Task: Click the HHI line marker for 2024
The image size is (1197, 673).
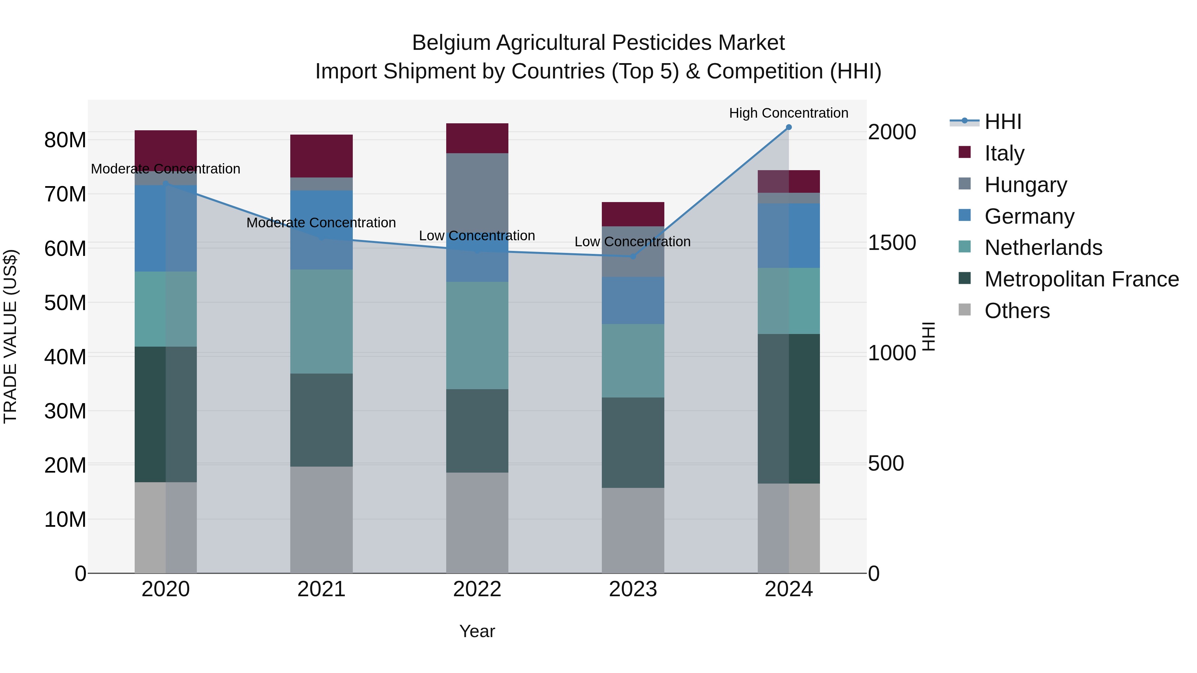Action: (x=789, y=127)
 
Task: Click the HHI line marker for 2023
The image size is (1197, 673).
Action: (x=633, y=256)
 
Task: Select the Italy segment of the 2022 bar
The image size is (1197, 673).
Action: (x=477, y=138)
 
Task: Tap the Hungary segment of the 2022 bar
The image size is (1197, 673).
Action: (x=477, y=195)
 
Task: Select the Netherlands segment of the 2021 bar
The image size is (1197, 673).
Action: (x=321, y=321)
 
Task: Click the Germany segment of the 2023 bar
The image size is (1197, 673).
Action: (x=633, y=300)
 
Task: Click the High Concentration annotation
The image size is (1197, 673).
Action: (x=789, y=113)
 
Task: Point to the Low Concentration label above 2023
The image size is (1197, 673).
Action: (x=632, y=242)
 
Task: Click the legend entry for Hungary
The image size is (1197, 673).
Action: (x=1025, y=185)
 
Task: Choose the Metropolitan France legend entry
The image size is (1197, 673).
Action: (x=1081, y=279)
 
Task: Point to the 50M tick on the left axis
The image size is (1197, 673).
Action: (x=65, y=303)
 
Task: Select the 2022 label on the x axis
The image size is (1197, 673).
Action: (x=477, y=589)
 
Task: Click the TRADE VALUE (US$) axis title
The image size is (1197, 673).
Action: (x=10, y=336)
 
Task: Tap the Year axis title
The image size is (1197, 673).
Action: (x=477, y=631)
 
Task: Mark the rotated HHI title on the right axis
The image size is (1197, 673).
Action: (x=928, y=336)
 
